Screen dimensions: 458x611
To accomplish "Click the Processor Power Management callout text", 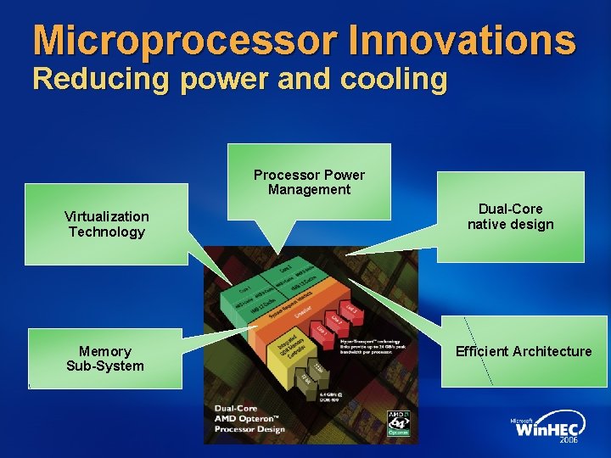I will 309,182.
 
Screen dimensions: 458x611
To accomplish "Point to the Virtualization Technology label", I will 106,224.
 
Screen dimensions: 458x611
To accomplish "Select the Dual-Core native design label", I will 510,216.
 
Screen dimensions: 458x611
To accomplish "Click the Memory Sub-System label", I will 105,358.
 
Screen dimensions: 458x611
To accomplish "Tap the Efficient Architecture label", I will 524,351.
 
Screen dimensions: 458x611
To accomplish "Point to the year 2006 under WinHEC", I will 568,442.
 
